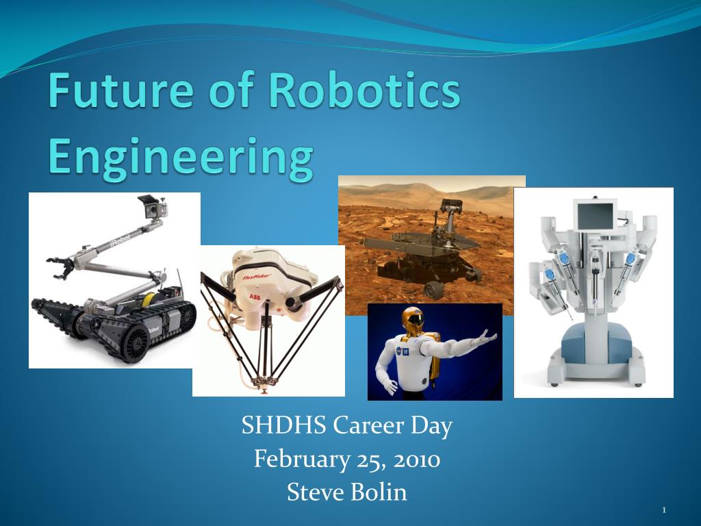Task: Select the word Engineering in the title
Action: [x=181, y=159]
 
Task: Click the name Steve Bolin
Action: [x=347, y=492]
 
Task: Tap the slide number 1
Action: [x=664, y=510]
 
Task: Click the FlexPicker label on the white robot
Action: [x=257, y=277]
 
